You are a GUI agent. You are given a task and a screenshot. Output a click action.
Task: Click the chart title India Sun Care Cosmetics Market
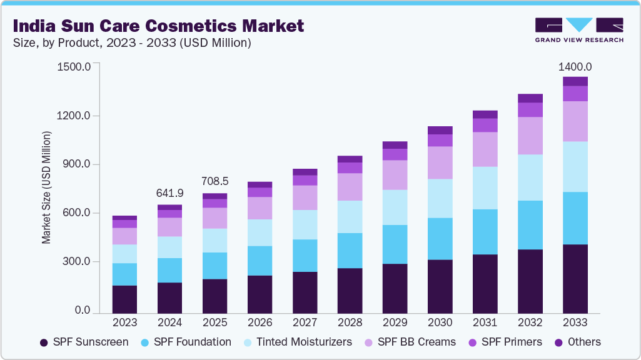pos(158,26)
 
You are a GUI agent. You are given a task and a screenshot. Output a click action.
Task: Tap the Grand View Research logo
pos(578,30)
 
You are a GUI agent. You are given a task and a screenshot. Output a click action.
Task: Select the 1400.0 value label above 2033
pos(575,67)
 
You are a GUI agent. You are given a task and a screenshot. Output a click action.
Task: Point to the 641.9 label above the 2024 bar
pos(169,193)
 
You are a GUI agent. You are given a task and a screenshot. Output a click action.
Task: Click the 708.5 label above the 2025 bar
pos(215,181)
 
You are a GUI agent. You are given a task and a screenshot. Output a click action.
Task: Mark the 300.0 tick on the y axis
pos(75,262)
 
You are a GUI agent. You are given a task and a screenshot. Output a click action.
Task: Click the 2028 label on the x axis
pos(350,322)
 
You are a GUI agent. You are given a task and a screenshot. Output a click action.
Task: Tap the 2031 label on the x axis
pos(485,322)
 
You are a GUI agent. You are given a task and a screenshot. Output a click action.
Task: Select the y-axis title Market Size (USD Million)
pos(46,187)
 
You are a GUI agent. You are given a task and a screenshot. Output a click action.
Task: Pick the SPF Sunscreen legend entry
pos(84,342)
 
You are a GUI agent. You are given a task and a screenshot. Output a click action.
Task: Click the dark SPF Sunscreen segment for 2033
pos(575,278)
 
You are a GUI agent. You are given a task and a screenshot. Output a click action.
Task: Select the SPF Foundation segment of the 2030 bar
pos(440,239)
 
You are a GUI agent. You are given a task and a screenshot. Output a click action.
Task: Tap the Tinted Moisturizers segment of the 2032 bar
pos(530,177)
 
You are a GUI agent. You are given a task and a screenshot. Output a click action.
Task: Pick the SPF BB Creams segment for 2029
pos(395,175)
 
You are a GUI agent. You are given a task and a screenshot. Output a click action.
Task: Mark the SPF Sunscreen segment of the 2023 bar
pos(124,299)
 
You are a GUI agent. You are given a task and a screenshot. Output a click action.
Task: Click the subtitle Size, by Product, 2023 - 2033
pos(132,43)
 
